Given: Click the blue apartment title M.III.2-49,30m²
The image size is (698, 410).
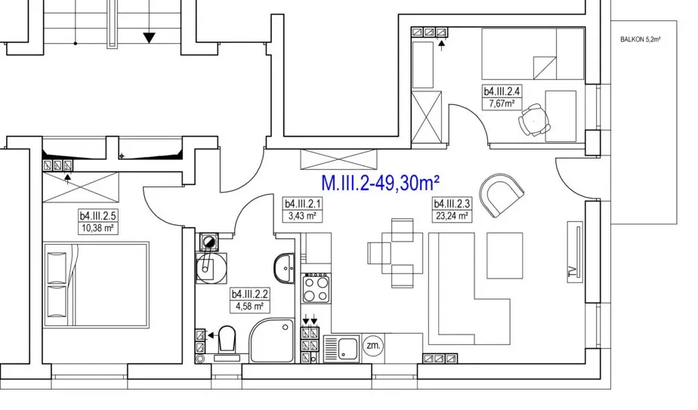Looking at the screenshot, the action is [381, 183].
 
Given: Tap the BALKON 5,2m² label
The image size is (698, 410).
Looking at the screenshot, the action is [640, 39].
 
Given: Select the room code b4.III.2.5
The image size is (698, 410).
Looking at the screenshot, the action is [98, 216].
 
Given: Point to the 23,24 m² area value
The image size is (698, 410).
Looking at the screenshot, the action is [452, 217].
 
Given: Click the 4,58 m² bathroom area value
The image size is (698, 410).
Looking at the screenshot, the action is [249, 307].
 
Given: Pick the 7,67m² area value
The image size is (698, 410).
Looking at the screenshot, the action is [502, 104].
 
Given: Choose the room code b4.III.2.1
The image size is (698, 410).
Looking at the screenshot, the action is [303, 204].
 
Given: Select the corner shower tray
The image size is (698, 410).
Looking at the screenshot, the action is [271, 341].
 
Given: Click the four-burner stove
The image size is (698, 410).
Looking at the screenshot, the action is [316, 288].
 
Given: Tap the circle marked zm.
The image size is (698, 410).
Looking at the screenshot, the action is [373, 346].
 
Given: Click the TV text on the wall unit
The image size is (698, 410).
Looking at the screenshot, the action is [573, 270].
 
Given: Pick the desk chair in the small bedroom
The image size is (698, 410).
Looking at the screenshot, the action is [534, 119].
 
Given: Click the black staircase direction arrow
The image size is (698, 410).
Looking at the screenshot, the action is [149, 38].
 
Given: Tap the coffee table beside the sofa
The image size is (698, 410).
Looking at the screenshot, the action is [505, 255].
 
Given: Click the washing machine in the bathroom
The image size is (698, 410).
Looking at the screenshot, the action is [211, 268].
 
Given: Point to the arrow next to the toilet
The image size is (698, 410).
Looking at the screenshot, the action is [212, 335].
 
